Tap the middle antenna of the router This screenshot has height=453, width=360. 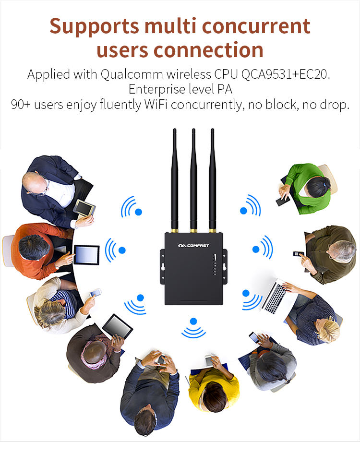click(x=193, y=178)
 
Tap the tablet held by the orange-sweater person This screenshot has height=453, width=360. click(x=86, y=252)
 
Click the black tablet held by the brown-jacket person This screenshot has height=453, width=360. click(x=118, y=326)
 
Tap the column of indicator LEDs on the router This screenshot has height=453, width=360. click(x=216, y=264)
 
